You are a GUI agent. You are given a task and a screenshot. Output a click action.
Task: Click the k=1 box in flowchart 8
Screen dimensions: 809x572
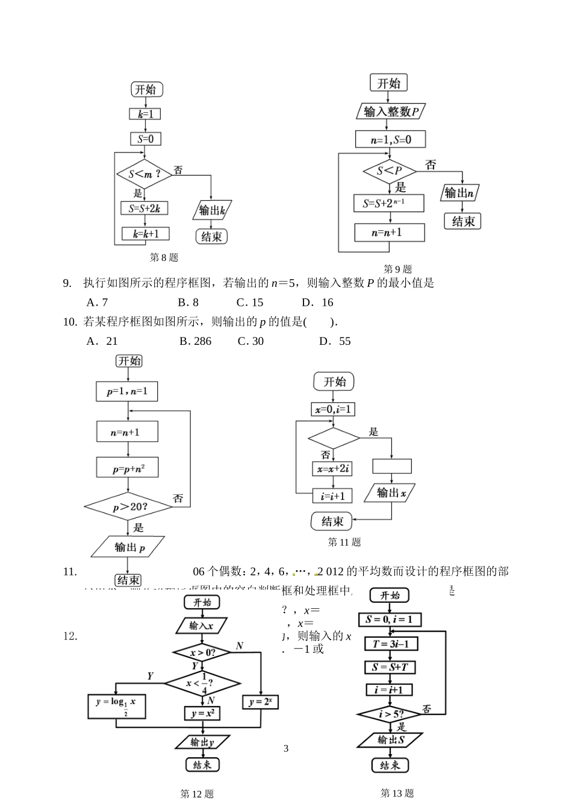click(145, 114)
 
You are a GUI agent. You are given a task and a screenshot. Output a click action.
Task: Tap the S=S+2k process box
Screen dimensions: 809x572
click(144, 209)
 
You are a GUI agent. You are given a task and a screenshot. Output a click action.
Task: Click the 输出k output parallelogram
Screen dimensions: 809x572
click(213, 210)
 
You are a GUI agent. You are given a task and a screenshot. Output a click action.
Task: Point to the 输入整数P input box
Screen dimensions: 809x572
click(391, 112)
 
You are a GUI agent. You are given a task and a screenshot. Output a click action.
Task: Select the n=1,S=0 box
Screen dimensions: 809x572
click(390, 140)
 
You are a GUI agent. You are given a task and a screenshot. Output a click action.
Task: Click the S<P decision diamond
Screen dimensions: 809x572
click(390, 171)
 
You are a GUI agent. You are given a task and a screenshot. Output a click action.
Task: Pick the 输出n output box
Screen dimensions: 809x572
click(461, 194)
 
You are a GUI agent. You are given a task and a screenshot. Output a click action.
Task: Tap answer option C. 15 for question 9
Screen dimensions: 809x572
click(250, 303)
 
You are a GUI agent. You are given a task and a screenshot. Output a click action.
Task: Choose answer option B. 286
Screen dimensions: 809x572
click(195, 341)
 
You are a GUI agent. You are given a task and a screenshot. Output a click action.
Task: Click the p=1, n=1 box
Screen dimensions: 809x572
click(127, 391)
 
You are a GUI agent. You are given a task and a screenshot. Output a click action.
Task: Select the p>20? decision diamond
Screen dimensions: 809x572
click(129, 507)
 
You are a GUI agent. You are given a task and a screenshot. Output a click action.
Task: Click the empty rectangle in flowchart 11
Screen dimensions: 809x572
click(392, 466)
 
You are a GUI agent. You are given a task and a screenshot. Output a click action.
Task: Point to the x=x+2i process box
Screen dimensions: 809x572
click(332, 468)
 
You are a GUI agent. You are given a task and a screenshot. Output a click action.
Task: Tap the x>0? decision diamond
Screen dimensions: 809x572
click(202, 653)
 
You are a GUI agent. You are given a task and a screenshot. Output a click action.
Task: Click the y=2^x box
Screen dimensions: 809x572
click(261, 702)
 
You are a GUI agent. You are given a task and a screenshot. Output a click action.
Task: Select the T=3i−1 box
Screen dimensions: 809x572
click(391, 644)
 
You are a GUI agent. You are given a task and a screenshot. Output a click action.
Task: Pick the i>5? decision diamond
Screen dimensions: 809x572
click(390, 715)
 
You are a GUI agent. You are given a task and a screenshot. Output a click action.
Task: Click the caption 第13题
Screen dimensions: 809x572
click(397, 793)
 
